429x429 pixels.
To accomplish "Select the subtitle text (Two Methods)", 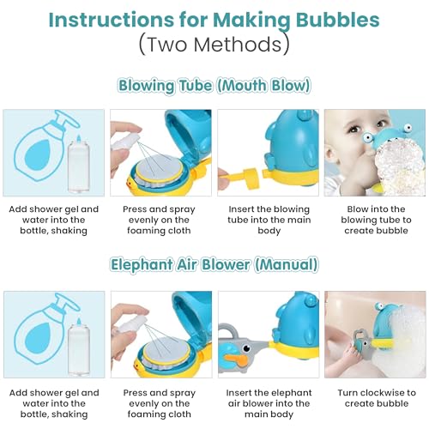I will click(214, 44).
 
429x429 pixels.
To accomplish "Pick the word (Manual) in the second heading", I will click(285, 264).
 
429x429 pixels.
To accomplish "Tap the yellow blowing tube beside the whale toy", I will click(239, 181).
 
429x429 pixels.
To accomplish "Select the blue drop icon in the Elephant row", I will click(32, 336).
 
